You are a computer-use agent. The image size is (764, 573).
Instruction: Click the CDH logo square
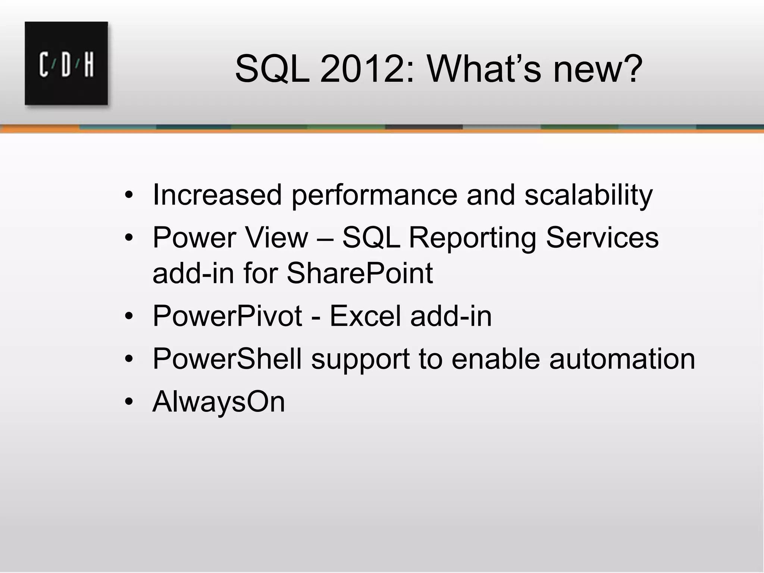(66, 63)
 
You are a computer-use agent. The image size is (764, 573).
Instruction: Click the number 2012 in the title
(361, 69)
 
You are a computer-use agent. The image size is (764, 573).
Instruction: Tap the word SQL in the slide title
(272, 69)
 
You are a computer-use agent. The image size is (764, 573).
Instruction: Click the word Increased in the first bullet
(217, 195)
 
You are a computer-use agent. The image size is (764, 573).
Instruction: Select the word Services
(602, 238)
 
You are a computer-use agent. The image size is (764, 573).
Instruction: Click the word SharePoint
(360, 273)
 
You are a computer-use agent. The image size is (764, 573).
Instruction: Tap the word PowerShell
(227, 359)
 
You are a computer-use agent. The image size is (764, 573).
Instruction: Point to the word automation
(622, 359)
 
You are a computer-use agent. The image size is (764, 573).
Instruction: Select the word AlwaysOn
(219, 402)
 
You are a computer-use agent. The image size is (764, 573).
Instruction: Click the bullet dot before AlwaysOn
(129, 402)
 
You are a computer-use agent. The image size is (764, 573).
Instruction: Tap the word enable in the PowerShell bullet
(496, 359)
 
